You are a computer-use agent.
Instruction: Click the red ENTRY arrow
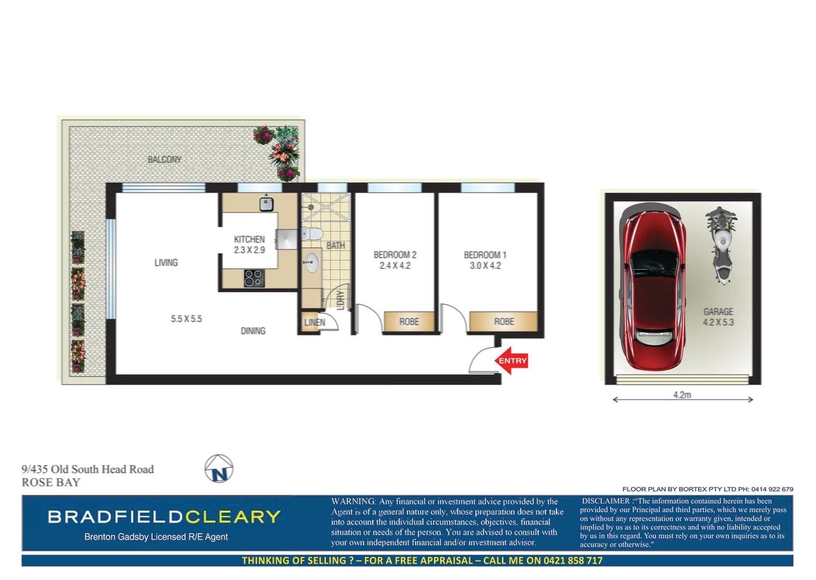[511, 360]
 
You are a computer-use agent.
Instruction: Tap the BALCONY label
[164, 160]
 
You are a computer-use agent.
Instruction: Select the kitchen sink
[266, 204]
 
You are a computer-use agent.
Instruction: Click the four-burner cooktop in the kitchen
[254, 278]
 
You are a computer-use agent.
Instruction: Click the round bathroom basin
[311, 263]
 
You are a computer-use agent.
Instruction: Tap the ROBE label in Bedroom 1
[504, 322]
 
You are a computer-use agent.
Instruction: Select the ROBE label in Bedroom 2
[409, 322]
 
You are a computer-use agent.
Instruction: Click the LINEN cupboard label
[314, 322]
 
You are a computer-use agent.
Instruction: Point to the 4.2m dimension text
[682, 395]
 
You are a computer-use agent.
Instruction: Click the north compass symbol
[219, 469]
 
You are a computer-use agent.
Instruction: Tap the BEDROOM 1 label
[485, 255]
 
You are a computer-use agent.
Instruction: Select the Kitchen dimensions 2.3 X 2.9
[249, 250]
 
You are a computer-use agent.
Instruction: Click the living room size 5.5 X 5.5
[186, 319]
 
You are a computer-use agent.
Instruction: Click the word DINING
[253, 331]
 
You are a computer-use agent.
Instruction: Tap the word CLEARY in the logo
[233, 517]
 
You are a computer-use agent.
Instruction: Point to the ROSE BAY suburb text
[51, 482]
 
